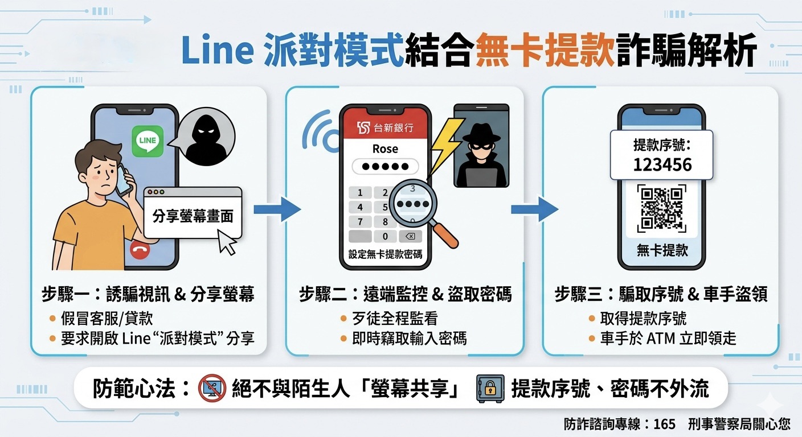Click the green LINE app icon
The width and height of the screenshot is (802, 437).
click(x=148, y=142)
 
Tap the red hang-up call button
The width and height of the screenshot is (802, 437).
click(x=140, y=250)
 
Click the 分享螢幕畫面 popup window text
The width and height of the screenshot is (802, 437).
click(x=193, y=217)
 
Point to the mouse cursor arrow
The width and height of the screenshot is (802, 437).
click(x=228, y=243)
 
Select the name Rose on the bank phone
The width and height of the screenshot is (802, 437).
click(x=385, y=149)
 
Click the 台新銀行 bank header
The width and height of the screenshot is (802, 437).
click(x=385, y=127)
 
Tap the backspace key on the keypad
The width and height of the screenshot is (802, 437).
click(x=410, y=236)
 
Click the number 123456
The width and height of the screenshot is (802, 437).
click(x=662, y=165)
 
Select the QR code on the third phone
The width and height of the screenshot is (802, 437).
click(x=662, y=207)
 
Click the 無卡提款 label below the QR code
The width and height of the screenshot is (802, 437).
click(x=662, y=250)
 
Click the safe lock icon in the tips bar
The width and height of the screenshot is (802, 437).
click(x=490, y=389)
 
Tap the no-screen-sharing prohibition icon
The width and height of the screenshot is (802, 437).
click(x=212, y=389)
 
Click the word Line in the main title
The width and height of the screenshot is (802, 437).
click(x=217, y=52)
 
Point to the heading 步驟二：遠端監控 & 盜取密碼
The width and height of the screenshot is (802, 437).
click(x=405, y=294)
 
